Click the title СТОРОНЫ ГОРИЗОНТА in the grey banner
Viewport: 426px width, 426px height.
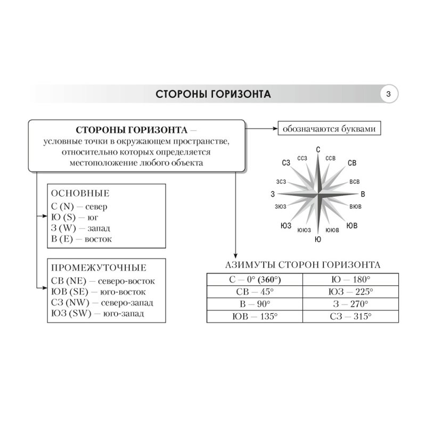[213, 95]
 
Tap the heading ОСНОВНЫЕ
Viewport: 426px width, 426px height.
[79, 193]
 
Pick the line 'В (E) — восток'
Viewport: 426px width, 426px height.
[81, 240]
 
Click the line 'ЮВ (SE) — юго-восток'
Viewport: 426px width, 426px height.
[99, 292]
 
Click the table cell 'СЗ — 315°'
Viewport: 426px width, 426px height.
[350, 316]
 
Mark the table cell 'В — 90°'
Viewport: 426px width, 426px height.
[254, 304]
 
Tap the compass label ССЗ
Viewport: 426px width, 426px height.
[303, 158]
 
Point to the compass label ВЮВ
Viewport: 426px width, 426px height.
[355, 205]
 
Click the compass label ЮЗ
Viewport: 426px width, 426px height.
[285, 226]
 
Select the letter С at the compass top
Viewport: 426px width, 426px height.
[318, 150]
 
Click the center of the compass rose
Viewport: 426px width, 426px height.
[318, 193]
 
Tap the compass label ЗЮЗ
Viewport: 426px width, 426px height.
[281, 206]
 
